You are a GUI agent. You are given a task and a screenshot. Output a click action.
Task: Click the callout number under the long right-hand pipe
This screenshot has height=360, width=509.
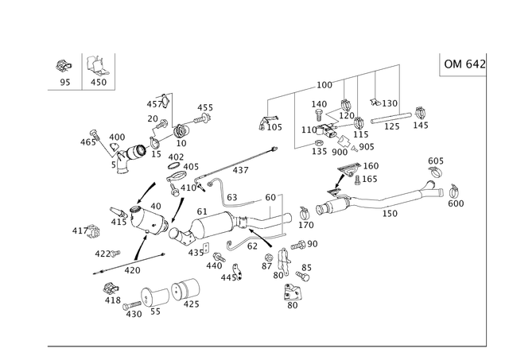[389, 213]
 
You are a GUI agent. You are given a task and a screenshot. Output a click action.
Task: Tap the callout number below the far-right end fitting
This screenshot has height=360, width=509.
[455, 203]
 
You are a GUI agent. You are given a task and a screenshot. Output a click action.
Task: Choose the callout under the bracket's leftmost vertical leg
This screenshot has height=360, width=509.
[270, 124]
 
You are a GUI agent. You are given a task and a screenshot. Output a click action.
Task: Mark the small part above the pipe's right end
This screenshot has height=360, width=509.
[434, 165]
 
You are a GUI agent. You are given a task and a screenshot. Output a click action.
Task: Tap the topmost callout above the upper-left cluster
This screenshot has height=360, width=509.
[159, 99]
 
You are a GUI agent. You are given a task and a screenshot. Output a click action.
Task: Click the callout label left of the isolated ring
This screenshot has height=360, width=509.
[76, 231]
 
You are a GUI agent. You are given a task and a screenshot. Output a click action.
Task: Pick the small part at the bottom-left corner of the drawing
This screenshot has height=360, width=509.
[109, 293]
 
